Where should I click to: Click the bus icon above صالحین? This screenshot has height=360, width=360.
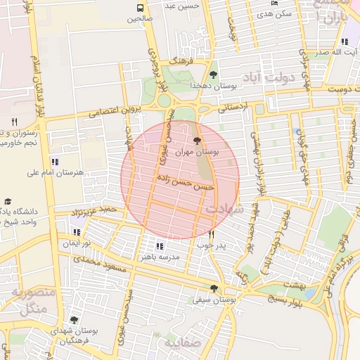139,8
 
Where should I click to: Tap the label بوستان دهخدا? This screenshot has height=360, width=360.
217,85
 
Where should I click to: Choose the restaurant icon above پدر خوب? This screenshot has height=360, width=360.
211,234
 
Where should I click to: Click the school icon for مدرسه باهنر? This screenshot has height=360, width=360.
160,246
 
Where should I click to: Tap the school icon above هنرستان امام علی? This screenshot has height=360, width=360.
55,162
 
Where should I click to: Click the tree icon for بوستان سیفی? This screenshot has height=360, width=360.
214,288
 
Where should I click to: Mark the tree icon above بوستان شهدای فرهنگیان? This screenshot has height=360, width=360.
74,320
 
